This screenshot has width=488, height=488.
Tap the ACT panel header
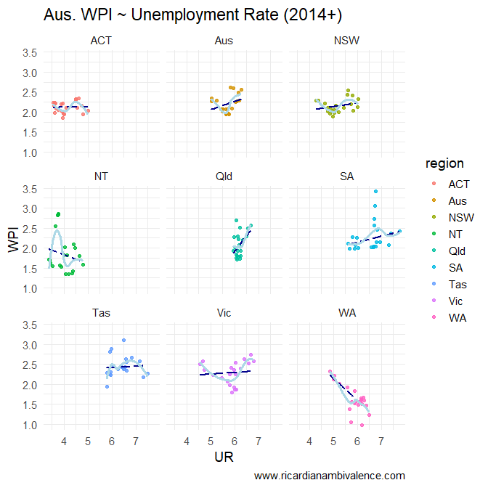tap(101, 40)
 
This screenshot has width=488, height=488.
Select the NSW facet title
tap(347, 40)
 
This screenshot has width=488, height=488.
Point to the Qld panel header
tap(224, 176)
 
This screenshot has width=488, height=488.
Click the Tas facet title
tap(101, 313)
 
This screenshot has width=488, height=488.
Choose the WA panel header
tap(347, 313)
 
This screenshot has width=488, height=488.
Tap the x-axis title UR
tap(224, 456)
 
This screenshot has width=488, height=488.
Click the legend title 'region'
tap(444, 164)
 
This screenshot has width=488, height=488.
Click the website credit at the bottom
tap(330, 476)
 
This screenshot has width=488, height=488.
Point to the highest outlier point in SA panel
tap(375, 191)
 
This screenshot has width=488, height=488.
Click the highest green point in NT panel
tap(58, 214)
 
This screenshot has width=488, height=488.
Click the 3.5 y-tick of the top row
tap(30, 52)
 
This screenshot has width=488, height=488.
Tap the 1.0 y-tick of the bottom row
tap(30, 425)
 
